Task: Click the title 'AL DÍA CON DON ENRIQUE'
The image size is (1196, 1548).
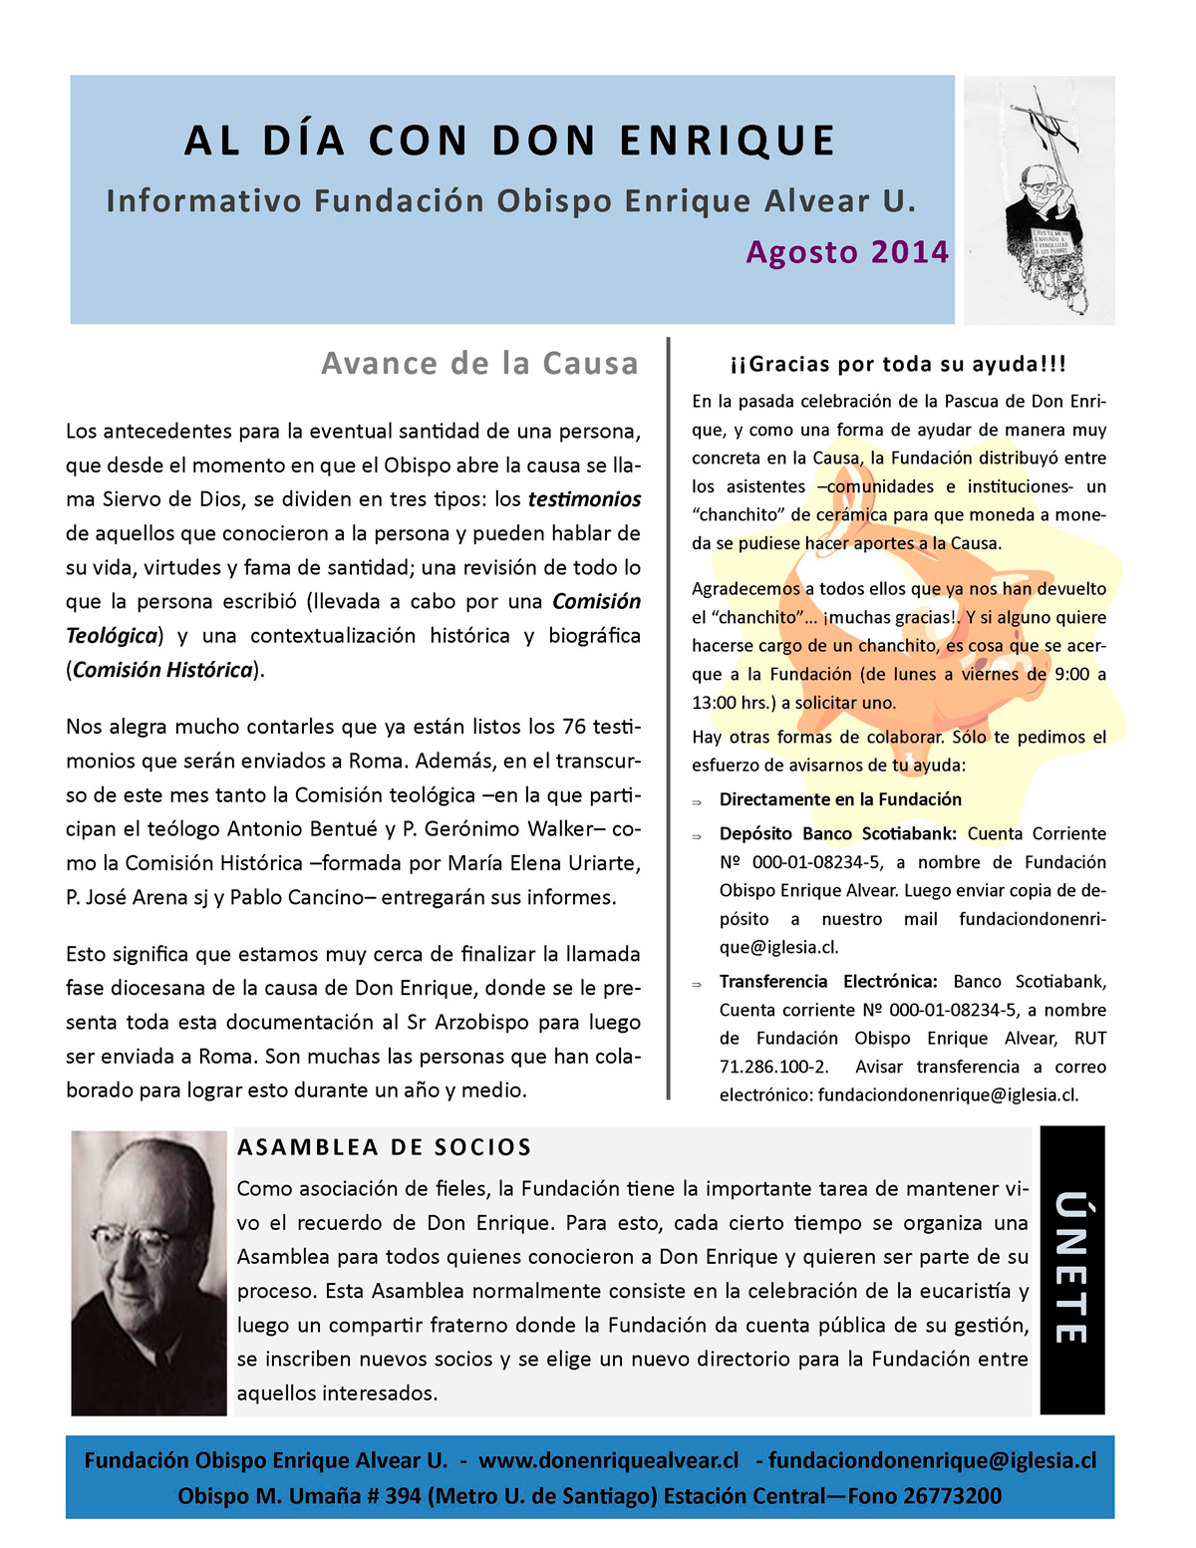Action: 509,141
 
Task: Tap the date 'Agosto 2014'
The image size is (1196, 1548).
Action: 847,252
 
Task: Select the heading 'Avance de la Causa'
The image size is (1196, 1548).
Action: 479,364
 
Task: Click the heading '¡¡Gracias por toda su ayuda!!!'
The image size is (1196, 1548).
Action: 898,364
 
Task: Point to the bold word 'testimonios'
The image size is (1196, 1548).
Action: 584,499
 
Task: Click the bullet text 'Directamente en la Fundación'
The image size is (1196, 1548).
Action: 840,799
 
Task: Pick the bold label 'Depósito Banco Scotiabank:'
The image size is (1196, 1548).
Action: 837,833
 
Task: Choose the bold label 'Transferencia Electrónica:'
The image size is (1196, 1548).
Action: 828,982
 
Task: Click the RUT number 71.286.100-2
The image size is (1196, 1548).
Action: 773,1067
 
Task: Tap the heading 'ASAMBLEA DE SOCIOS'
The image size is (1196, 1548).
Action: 385,1147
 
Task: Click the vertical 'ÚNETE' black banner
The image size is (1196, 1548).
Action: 1071,1269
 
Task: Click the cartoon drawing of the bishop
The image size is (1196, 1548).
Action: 1040,199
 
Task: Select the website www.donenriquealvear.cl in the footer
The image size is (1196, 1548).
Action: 608,1460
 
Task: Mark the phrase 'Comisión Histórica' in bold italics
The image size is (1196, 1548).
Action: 162,670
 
